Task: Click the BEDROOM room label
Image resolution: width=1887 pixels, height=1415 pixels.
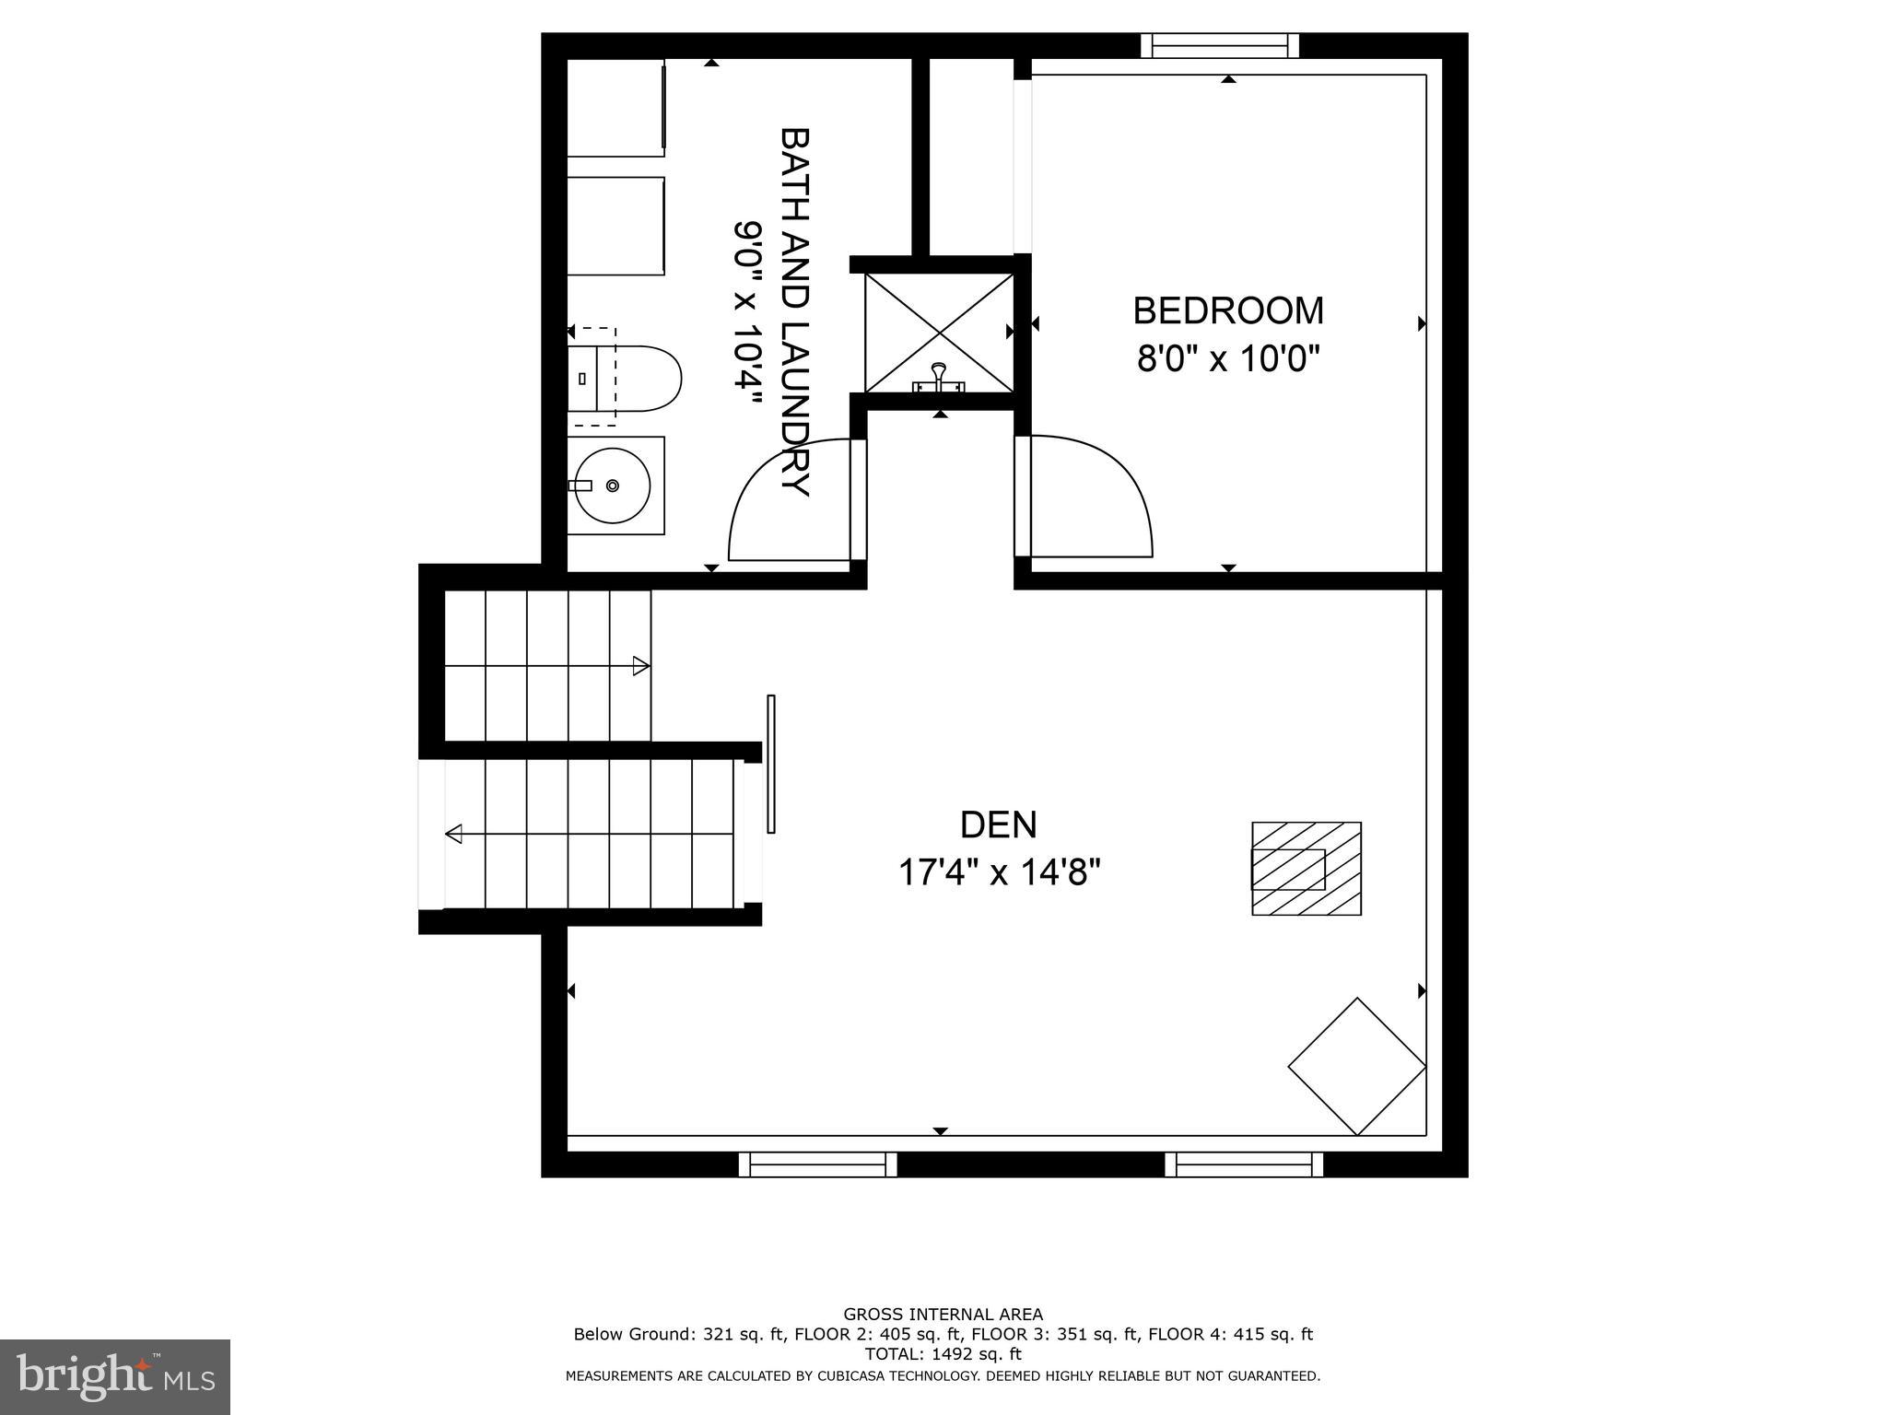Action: (1227, 311)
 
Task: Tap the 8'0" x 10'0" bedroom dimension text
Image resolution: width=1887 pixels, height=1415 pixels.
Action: (1228, 359)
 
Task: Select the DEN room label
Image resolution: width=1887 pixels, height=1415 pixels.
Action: (998, 824)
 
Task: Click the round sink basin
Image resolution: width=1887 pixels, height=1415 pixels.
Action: (613, 485)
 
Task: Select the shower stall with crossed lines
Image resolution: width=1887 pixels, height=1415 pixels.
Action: (939, 333)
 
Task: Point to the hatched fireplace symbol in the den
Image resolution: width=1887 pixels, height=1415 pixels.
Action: (1306, 869)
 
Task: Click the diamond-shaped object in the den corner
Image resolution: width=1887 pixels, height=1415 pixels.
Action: (1356, 1066)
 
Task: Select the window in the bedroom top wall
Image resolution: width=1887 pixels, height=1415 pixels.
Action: (1219, 45)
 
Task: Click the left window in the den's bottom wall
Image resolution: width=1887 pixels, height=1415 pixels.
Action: (817, 1164)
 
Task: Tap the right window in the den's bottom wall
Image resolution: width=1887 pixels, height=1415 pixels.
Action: (1244, 1164)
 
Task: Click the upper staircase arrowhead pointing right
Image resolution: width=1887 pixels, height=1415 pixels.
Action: (641, 666)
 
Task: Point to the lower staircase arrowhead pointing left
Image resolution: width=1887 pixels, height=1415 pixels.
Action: (453, 835)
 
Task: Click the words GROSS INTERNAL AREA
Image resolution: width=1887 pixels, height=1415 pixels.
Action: (943, 1315)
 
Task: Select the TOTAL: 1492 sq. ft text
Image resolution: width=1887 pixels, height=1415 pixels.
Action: (943, 1354)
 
